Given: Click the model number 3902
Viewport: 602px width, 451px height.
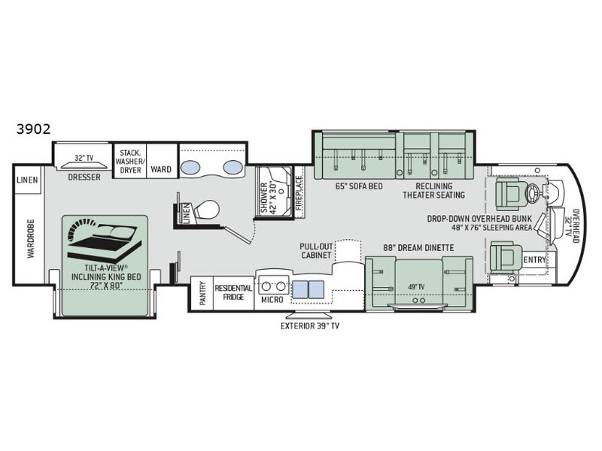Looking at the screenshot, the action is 33,129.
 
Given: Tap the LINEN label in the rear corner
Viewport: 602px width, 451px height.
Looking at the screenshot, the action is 27,180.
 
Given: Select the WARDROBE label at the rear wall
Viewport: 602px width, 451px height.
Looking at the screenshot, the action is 31,238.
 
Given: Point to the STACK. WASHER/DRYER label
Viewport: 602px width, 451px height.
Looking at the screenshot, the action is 130,161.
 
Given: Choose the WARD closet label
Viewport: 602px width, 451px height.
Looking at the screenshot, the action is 161,169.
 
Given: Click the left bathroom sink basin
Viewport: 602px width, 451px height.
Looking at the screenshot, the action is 190,167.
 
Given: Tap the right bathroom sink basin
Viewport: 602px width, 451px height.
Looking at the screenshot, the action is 233,167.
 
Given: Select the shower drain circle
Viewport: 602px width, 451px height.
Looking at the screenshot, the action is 281,190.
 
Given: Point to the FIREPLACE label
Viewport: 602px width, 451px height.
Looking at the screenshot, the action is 299,193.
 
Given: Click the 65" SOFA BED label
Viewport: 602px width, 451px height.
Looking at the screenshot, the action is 359,186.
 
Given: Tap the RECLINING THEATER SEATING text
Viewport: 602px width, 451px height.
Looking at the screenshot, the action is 434,191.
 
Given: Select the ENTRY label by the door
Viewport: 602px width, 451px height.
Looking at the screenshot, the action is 535,260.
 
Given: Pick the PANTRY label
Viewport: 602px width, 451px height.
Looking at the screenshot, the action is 202,294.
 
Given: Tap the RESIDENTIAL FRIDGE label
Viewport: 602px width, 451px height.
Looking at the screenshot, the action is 233,292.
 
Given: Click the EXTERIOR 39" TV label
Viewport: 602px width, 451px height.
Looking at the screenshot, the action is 310,326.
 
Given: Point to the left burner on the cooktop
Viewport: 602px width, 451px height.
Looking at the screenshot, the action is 266,286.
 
